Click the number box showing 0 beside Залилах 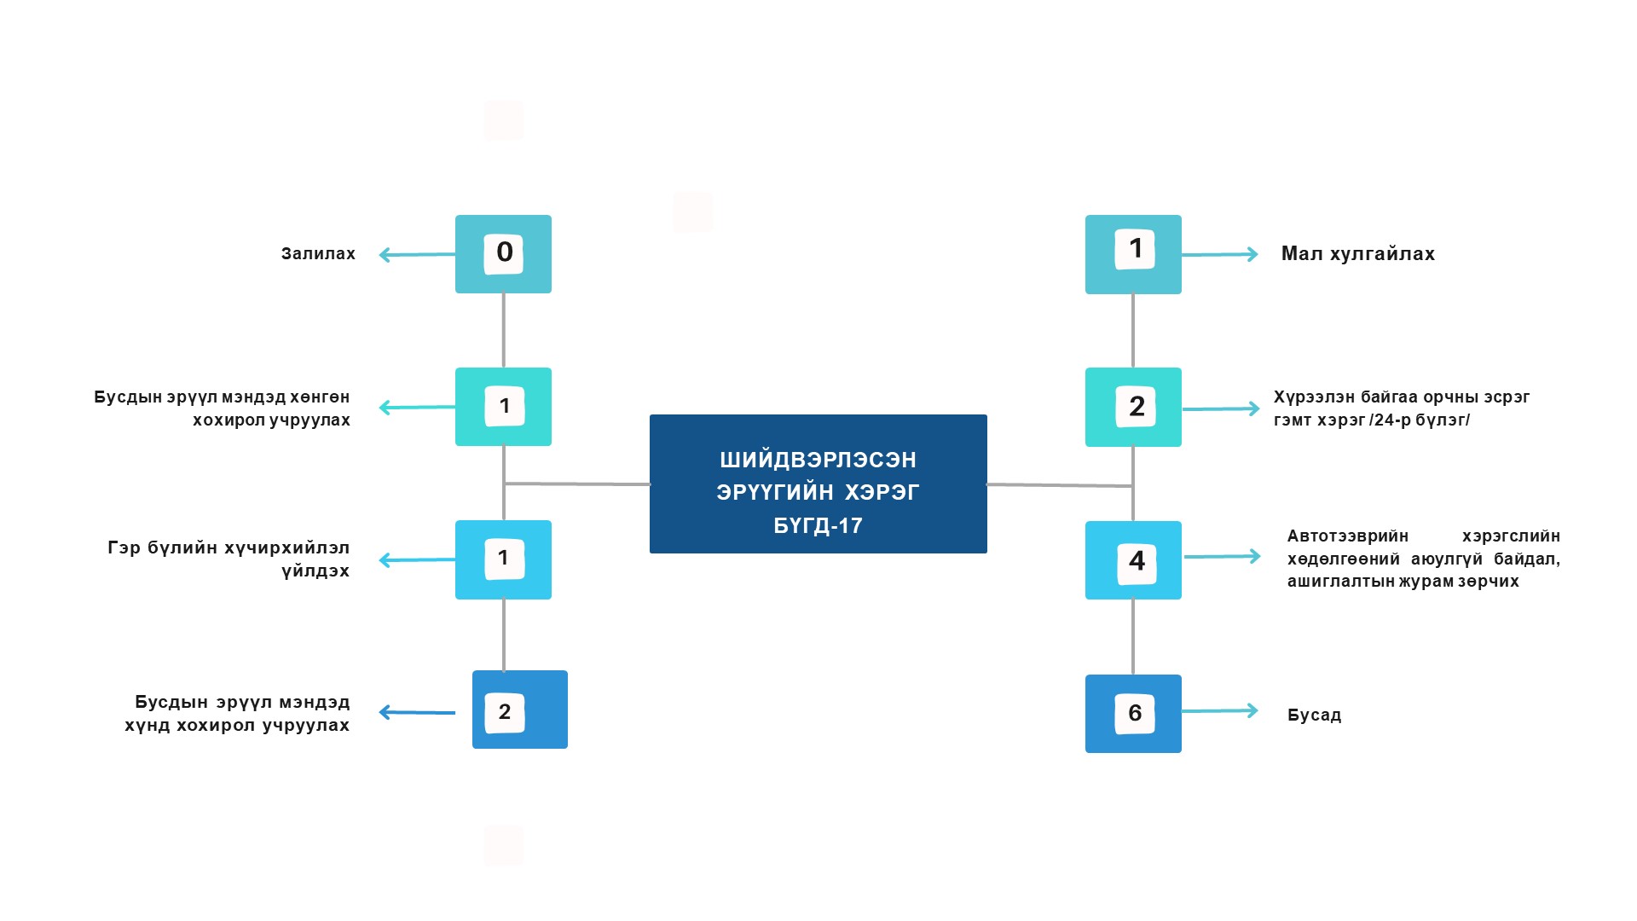point(503,254)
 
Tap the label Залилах point(318,254)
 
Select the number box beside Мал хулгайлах point(1133,254)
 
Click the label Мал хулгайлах point(1357,254)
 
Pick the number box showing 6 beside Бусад point(1133,714)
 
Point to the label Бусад point(1314,715)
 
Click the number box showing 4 point(1133,560)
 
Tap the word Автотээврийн point(1347,536)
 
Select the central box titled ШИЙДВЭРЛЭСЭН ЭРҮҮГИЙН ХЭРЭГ point(818,484)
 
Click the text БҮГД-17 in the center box point(818,525)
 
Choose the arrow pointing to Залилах point(416,254)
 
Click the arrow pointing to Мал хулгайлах point(1219,254)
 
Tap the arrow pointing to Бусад point(1219,710)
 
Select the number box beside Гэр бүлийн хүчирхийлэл point(503,559)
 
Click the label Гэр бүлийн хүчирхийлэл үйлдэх point(228,559)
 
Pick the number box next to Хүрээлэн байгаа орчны point(1133,407)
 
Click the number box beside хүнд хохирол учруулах point(520,710)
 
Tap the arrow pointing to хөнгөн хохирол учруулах point(416,408)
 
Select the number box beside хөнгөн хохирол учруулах point(503,407)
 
